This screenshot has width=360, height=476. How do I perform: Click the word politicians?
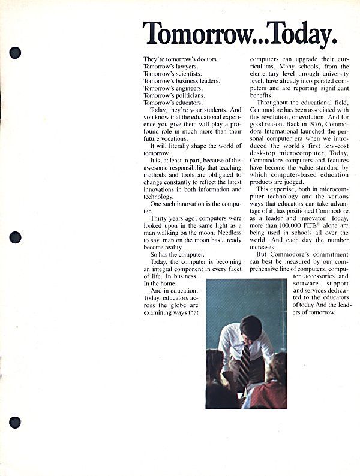[x=187, y=95]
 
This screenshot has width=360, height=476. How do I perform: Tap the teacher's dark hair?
[x=251, y=326]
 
